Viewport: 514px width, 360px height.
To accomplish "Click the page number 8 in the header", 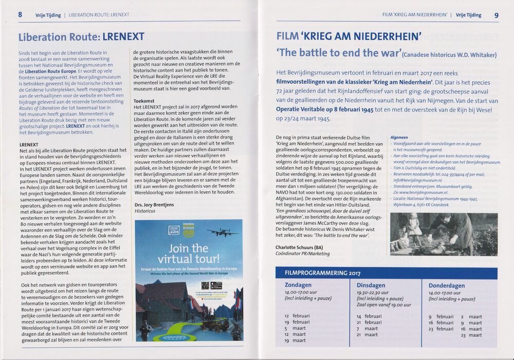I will (x=20, y=14).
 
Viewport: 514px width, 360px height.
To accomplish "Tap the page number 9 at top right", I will (x=497, y=15).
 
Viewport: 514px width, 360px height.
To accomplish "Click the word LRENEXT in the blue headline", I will (x=123, y=37).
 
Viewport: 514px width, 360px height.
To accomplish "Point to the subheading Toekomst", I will (x=144, y=101).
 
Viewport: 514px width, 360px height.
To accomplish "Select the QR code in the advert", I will (x=204, y=286).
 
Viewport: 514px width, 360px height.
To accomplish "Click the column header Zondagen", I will (x=299, y=285).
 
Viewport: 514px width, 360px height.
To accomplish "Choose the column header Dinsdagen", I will (x=371, y=285).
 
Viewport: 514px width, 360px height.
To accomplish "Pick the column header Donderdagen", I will (x=447, y=285).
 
